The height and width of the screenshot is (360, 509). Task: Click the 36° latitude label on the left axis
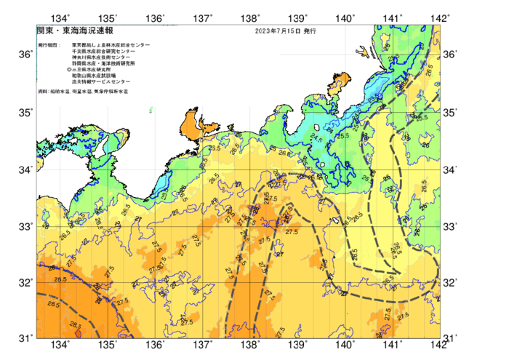(25, 55)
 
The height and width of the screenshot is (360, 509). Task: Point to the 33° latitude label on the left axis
(25, 226)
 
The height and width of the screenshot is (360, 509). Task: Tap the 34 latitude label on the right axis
(451, 169)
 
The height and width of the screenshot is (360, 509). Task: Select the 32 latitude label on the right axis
(451, 282)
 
